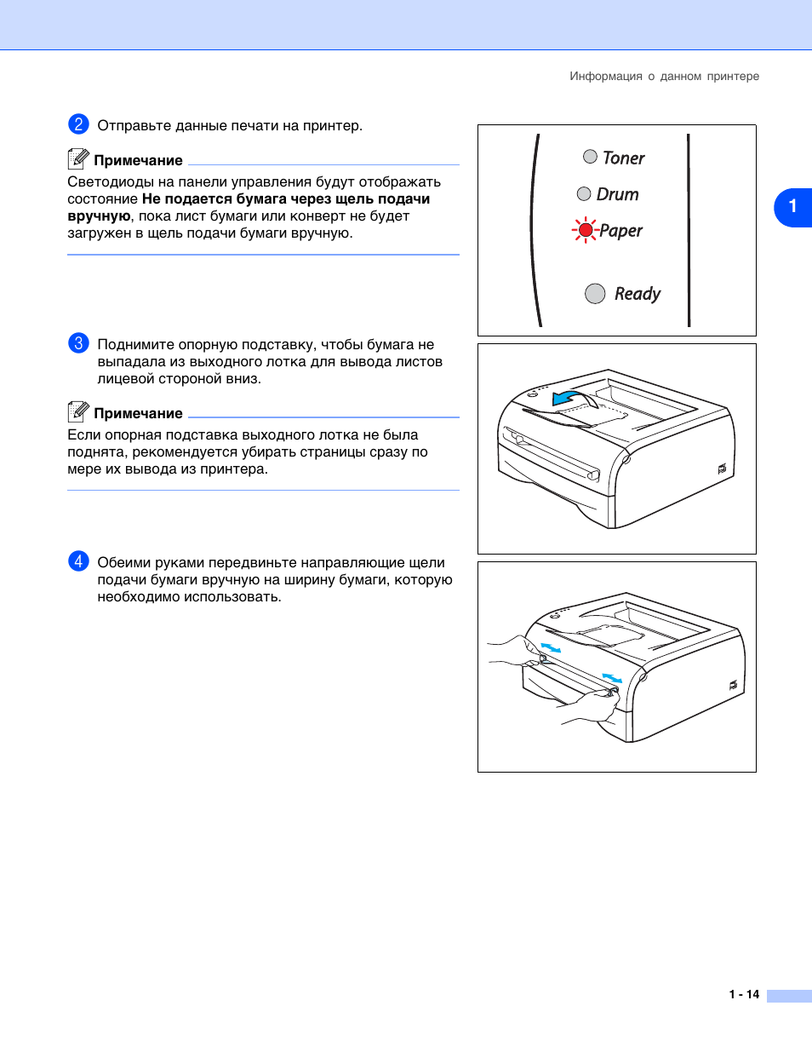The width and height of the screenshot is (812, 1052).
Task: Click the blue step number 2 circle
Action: [78, 124]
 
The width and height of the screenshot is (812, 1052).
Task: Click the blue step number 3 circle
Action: [78, 343]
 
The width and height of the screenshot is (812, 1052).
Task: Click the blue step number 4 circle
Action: [78, 561]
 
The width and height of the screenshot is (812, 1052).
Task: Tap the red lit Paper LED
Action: [586, 230]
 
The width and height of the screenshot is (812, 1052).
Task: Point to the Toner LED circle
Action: [590, 157]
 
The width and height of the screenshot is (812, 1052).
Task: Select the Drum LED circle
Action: [584, 194]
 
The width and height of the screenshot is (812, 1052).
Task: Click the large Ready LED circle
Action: [595, 293]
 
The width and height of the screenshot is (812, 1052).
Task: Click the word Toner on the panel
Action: [624, 158]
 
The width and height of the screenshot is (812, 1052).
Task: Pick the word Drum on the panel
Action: [618, 195]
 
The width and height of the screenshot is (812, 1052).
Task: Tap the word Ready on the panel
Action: [638, 294]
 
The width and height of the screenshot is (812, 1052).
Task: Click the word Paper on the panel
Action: [621, 231]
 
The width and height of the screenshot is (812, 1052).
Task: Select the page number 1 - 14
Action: [744, 994]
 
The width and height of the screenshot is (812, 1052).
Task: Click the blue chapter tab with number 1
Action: [792, 207]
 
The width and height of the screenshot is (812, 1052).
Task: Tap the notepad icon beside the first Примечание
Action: [78, 158]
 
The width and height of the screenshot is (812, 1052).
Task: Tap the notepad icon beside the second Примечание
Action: [78, 411]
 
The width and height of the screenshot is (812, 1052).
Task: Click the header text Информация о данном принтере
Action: [664, 77]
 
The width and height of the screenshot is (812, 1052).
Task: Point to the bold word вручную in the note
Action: [99, 216]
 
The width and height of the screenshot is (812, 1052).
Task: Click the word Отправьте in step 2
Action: [134, 126]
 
